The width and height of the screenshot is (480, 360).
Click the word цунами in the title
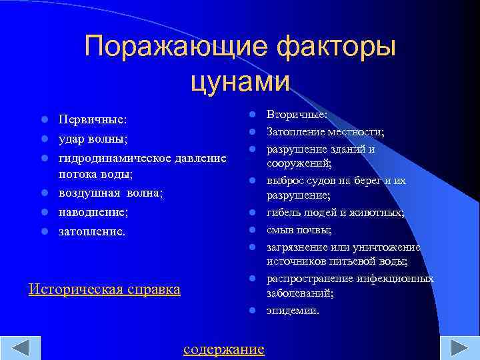240,81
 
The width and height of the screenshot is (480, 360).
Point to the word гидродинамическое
116,157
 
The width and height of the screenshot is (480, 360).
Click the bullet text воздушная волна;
111,193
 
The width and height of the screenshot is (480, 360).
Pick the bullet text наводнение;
93,211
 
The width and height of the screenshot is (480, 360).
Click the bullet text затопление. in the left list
91,231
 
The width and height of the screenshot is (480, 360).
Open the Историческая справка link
105,289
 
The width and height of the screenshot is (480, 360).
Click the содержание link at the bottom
223,349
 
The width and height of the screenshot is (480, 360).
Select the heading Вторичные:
293,115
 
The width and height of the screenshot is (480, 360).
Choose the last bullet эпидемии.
293,310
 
